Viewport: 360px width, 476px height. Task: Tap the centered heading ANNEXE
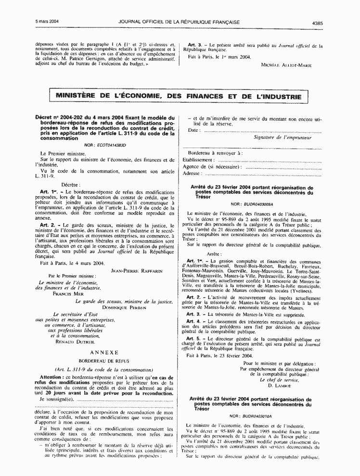coord(105,353)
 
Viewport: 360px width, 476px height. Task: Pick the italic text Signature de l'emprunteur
coord(283,137)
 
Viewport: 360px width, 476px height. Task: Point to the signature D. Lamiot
coord(278,386)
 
